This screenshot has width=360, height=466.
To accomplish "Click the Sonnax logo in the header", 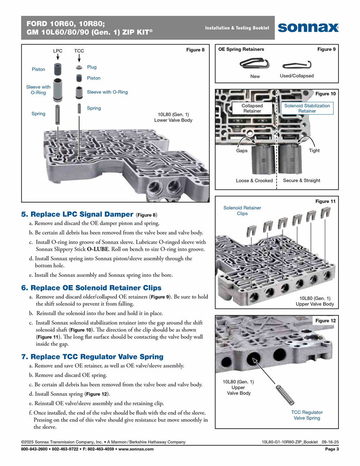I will [308, 27].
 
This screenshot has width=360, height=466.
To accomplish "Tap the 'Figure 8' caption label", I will [195, 50].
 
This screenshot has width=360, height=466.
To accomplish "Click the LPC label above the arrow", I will [58, 51].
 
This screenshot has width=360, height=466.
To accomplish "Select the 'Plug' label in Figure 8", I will [92, 67].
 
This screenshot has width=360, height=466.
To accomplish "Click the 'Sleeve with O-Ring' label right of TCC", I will [107, 92].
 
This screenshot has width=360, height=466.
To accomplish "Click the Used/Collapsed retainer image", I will [297, 64].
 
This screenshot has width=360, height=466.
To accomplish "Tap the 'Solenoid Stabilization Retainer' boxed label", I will [307, 109].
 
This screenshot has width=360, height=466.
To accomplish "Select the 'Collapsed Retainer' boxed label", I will [252, 109].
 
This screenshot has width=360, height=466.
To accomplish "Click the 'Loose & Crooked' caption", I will [254, 181].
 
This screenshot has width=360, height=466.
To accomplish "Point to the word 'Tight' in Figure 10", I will [314, 150].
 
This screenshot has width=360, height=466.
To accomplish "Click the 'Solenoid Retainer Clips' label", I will [242, 211].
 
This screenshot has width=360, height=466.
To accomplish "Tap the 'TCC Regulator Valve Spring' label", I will [307, 415].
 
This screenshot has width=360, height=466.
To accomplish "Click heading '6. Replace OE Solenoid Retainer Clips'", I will [91, 288].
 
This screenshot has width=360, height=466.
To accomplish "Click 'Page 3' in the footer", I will [332, 449].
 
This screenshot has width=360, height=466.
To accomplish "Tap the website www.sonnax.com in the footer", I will [137, 449].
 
